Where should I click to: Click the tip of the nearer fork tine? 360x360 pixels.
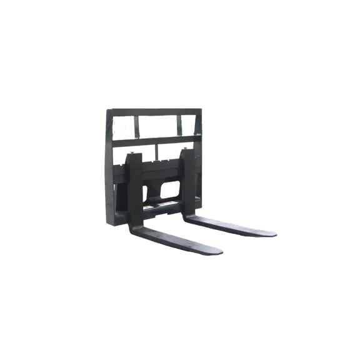click(x=219, y=251)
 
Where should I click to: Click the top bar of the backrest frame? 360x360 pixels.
click(x=154, y=109)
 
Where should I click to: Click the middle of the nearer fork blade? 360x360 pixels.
click(x=181, y=240)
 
